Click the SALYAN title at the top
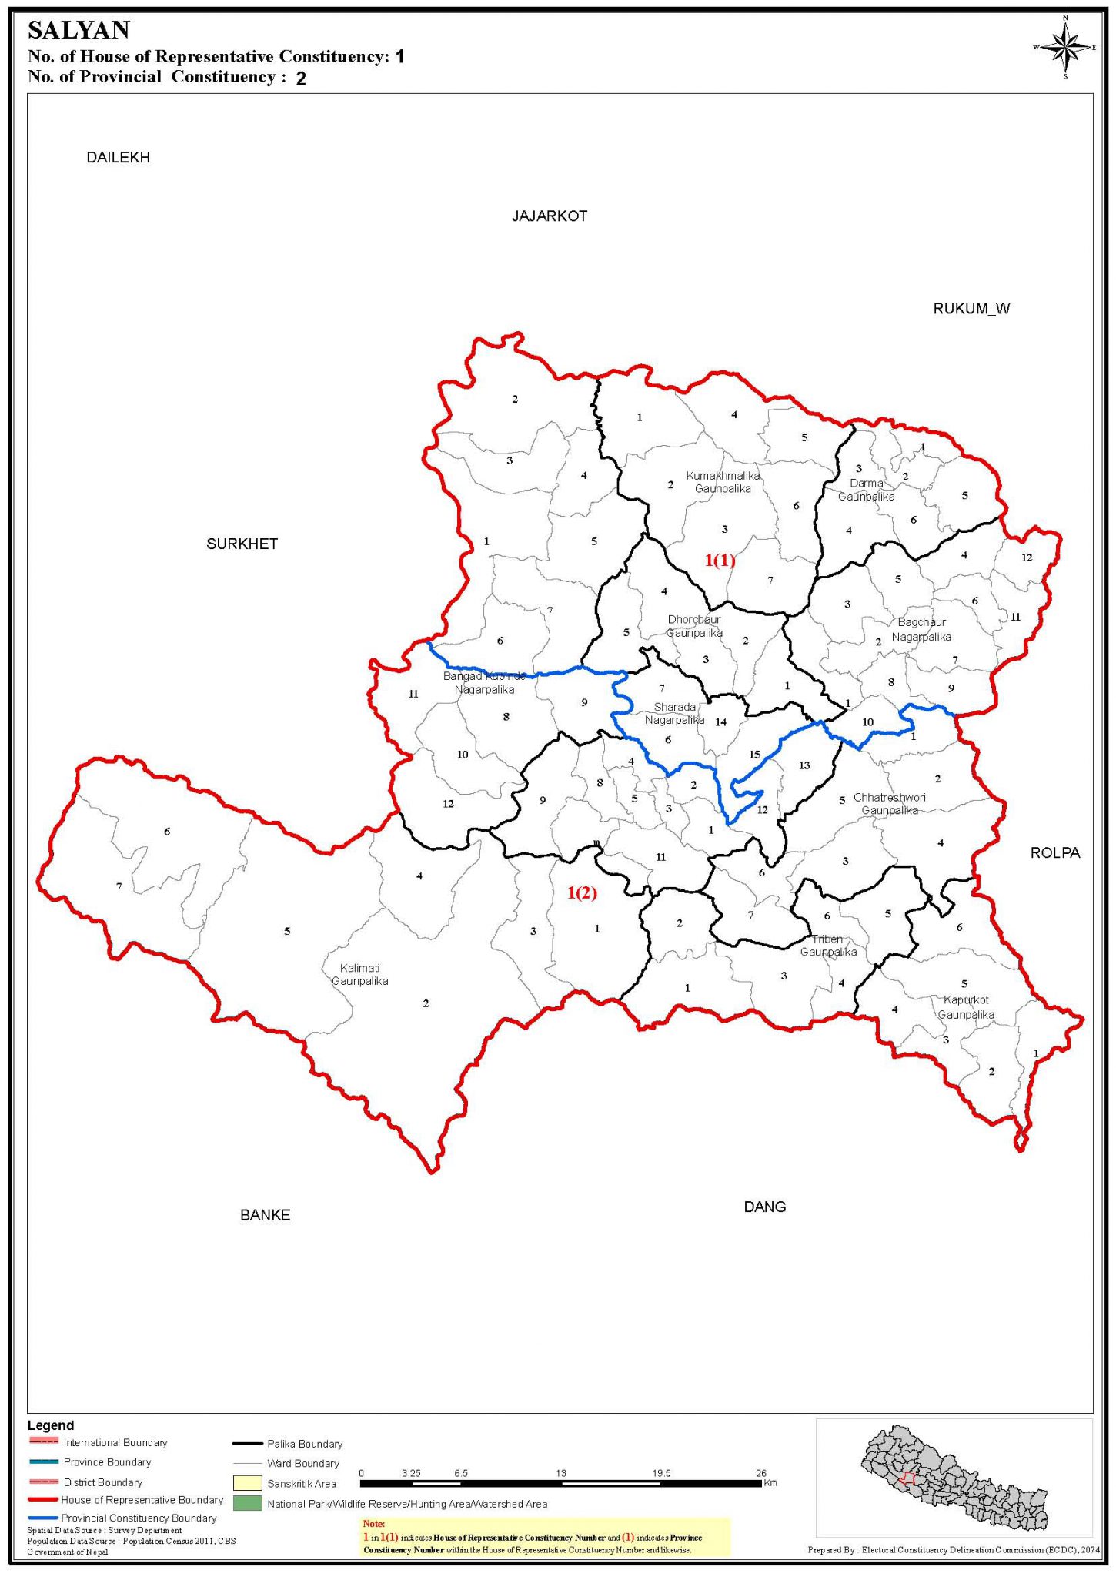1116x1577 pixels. click(79, 31)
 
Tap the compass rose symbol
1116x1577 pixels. click(1064, 48)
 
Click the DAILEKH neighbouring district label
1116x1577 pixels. click(118, 158)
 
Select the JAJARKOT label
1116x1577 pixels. click(550, 216)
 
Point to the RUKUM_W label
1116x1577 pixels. click(971, 309)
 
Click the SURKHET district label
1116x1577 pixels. click(242, 544)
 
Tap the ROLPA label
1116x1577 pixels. click(1055, 852)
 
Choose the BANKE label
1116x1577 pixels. click(265, 1215)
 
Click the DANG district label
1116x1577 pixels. click(764, 1207)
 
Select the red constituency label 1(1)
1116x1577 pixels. click(720, 560)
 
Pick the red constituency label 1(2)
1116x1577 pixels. click(582, 892)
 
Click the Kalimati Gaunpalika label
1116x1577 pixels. click(359, 974)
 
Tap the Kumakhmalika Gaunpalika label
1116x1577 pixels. click(723, 482)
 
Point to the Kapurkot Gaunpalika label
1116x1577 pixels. click(966, 1007)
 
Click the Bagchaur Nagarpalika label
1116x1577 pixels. click(921, 629)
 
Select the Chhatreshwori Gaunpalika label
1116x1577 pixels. click(889, 803)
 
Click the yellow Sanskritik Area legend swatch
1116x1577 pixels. click(247, 1482)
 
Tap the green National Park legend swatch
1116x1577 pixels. click(247, 1502)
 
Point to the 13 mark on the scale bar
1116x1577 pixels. click(561, 1473)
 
